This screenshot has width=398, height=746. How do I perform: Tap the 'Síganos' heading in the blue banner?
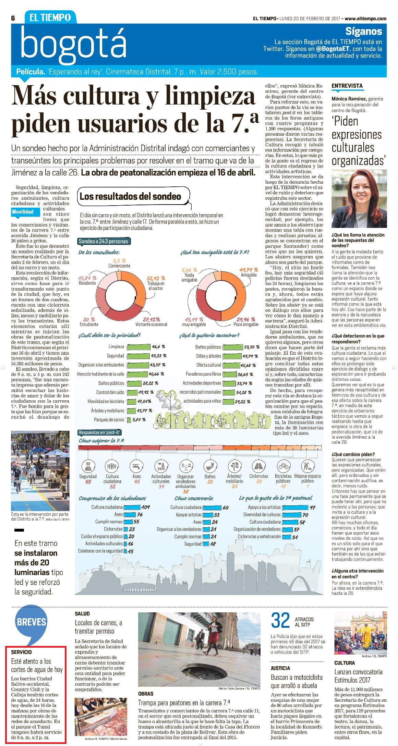(x=363, y=31)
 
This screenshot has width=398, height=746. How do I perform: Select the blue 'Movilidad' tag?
(x=23, y=212)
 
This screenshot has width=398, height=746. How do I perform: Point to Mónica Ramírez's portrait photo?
(x=359, y=199)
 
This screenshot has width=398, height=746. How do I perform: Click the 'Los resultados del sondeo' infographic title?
(x=130, y=196)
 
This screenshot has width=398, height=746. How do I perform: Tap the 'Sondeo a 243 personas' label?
(x=104, y=241)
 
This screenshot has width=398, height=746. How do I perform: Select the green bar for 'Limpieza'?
(x=138, y=347)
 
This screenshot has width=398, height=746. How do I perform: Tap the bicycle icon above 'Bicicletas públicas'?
(x=283, y=466)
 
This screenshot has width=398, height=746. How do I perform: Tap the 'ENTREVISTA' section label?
(x=347, y=86)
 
